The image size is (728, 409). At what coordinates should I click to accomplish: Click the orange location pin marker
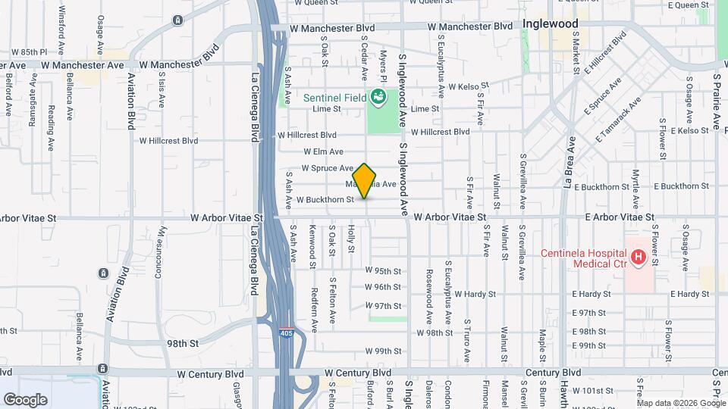365,180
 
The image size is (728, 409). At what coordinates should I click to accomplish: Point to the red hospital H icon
639,258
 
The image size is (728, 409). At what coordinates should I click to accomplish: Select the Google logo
25,399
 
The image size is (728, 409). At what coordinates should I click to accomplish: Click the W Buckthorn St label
325,200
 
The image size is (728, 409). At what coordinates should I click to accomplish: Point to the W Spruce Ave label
328,168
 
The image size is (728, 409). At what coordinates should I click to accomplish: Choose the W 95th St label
382,270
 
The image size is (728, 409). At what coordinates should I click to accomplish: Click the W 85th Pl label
30,52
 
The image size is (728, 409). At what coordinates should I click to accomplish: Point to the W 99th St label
382,351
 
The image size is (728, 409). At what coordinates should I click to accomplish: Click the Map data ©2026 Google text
682,403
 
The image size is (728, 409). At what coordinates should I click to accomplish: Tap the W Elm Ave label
324,152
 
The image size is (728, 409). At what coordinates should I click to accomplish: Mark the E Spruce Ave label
603,96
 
